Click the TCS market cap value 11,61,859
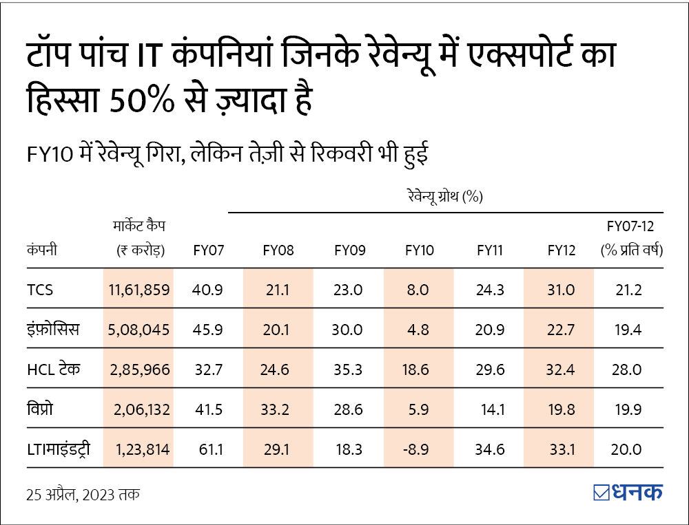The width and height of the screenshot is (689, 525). (x=139, y=290)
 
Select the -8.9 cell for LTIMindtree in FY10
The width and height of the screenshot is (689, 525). (x=418, y=450)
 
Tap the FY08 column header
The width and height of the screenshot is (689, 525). (x=278, y=250)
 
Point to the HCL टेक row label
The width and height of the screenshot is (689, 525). (x=54, y=369)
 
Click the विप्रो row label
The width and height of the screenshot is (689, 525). (x=41, y=409)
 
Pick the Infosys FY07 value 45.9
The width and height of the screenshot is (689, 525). (x=208, y=330)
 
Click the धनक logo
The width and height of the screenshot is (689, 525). (x=628, y=493)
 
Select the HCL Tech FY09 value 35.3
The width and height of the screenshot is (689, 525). (x=348, y=369)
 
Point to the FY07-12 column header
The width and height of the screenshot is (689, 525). (x=631, y=226)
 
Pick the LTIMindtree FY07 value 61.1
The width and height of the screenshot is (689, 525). (x=208, y=450)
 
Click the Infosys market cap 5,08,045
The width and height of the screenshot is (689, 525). (x=139, y=330)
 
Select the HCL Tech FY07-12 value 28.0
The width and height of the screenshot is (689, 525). (x=627, y=369)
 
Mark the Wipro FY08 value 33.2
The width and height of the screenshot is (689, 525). (x=278, y=410)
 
